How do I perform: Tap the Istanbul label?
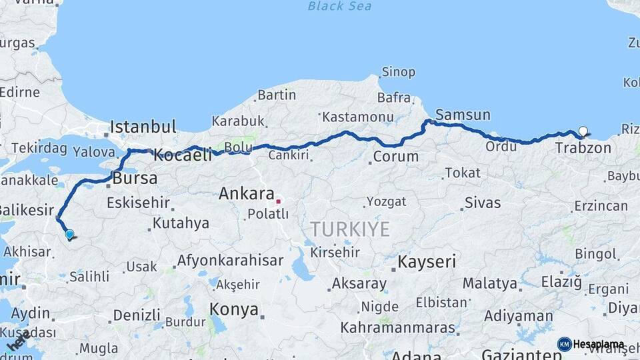[x=143, y=127]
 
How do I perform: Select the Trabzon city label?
[x=583, y=148]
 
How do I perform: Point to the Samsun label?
[x=463, y=115]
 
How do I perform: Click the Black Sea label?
[x=339, y=7]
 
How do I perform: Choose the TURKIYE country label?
[x=349, y=229]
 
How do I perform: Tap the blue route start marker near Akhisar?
[x=69, y=234]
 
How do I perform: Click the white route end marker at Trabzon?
[x=583, y=131]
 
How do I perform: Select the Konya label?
[x=233, y=309]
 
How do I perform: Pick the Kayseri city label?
[x=427, y=262]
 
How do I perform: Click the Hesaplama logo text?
[x=598, y=345]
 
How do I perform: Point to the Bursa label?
[x=135, y=179]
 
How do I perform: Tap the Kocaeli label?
[x=182, y=156]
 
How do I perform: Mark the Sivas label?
[x=482, y=203]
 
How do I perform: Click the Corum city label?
[x=395, y=157]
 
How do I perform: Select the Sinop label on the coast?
[x=398, y=72]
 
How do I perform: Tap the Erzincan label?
[x=601, y=205]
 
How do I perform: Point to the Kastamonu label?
[x=357, y=117]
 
